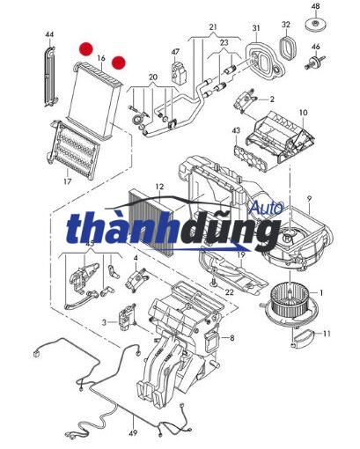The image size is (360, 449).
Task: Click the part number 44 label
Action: [x=49, y=34]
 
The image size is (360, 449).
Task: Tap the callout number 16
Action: [x=101, y=58]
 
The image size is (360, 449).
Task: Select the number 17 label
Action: [x=68, y=181]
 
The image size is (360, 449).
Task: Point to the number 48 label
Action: [x=315, y=6]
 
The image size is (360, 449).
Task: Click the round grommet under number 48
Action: [x=316, y=25]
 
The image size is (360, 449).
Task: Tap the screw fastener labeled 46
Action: [x=315, y=63]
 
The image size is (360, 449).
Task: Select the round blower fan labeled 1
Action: [x=290, y=304]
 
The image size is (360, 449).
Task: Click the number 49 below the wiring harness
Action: [x=133, y=432]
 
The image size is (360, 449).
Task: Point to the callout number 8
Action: [x=232, y=338]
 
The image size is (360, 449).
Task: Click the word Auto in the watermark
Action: [x=267, y=208]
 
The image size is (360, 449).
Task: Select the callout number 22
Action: [x=230, y=292]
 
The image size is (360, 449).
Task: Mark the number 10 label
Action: [x=304, y=113]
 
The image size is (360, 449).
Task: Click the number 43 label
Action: [x=236, y=130]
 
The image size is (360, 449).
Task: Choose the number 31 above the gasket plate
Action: [x=256, y=28]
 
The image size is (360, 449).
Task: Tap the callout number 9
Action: [x=309, y=199]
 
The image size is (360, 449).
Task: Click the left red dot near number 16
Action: [x=86, y=48]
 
